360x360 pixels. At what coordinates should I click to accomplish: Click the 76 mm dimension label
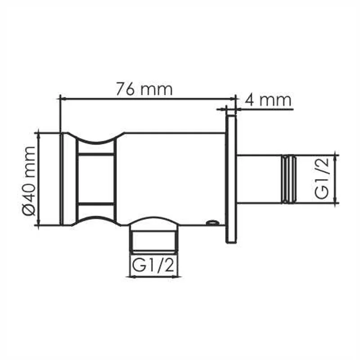[144, 89]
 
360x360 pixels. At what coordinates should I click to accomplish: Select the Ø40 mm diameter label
[28, 180]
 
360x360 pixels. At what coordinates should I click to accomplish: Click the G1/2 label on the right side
[323, 180]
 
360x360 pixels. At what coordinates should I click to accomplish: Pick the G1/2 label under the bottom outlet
[153, 266]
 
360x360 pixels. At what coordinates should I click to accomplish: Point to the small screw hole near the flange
[211, 222]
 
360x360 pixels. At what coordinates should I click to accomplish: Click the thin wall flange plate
[231, 180]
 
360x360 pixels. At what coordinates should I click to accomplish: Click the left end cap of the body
[65, 179]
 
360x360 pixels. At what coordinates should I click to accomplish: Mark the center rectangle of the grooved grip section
[96, 179]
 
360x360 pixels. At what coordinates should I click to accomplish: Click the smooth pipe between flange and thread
[259, 180]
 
